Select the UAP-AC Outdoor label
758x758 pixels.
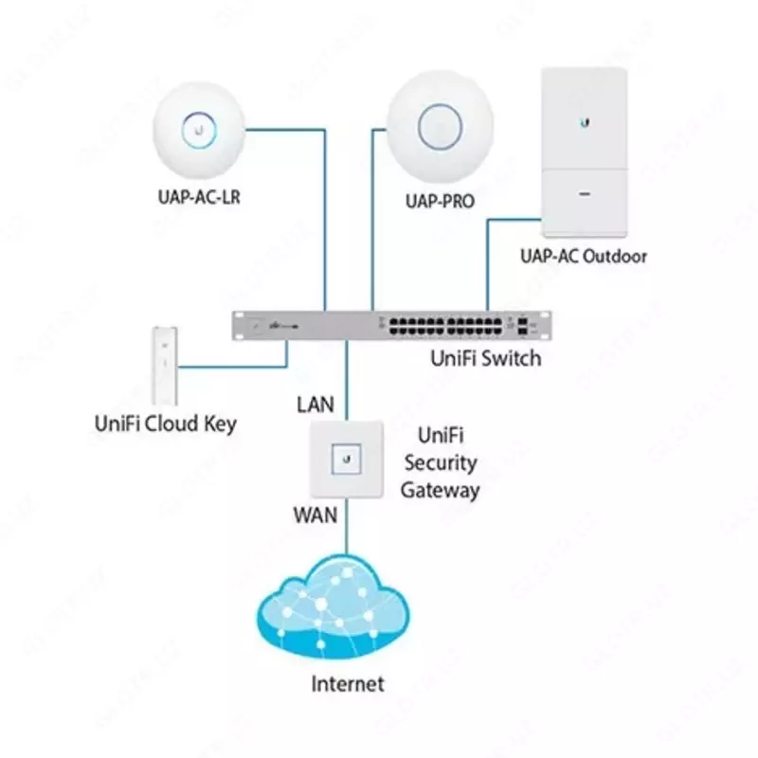(584, 256)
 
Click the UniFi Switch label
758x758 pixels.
(486, 358)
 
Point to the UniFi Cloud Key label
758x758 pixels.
(165, 424)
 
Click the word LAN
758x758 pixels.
(316, 405)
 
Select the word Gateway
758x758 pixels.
(440, 491)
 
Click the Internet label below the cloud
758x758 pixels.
(349, 683)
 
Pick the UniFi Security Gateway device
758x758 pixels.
(347, 460)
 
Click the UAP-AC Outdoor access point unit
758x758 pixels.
(583, 152)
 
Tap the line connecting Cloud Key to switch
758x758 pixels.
(237, 364)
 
